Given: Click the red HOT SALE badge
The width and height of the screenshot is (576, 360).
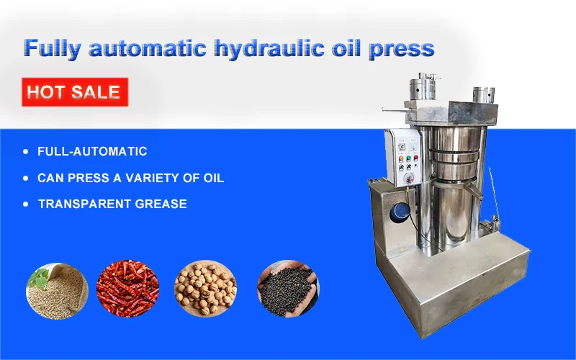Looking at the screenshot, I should pyautogui.click(x=75, y=92).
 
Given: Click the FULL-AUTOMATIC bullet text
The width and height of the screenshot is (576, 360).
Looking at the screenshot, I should pyautogui.click(x=92, y=152).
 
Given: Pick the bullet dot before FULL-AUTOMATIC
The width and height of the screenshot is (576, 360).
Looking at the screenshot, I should pyautogui.click(x=27, y=152).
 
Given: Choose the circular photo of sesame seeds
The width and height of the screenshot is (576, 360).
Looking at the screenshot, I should pyautogui.click(x=57, y=291).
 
